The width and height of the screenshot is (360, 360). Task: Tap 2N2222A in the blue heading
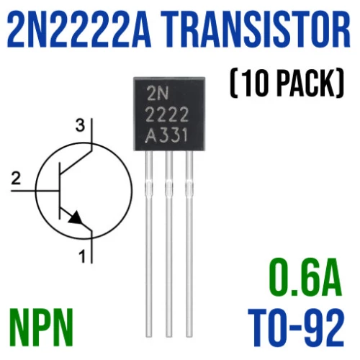coord(78,30)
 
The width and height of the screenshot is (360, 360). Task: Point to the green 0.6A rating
coord(305,278)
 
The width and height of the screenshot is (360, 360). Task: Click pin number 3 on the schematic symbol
coord(80,126)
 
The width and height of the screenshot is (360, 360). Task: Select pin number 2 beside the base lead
coord(16,179)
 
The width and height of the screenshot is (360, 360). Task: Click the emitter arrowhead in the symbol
coord(76,218)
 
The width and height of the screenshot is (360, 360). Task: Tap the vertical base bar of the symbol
coord(60,191)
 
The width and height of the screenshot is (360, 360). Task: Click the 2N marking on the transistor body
coord(158,95)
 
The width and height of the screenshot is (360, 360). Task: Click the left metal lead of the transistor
coord(149,243)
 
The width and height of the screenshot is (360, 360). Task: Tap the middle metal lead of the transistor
coord(169,243)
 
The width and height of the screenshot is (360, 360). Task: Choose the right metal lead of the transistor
coord(189,243)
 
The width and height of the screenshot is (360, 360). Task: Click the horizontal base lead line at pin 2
coord(35,191)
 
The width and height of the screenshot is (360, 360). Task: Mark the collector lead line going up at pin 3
coord(91,135)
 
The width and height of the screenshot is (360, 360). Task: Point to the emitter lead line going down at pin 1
coord(91,247)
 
